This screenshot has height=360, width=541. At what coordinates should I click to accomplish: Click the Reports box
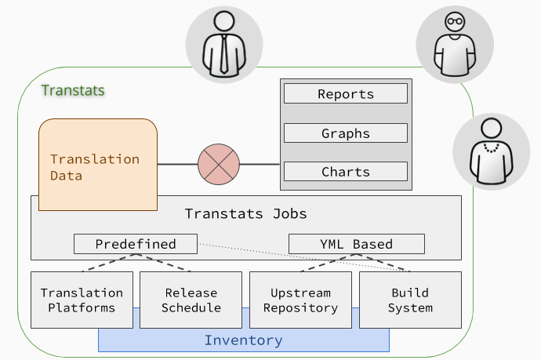[x=346, y=93]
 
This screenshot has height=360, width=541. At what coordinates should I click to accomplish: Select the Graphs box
[x=346, y=133]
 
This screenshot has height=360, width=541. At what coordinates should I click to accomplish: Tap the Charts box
[x=346, y=172]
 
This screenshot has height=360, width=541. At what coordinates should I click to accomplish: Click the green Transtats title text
[x=73, y=90]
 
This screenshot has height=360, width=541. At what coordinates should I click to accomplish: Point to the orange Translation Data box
[x=98, y=165]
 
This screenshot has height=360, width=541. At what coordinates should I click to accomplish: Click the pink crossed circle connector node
[x=219, y=164]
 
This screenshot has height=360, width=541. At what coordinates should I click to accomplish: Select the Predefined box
[x=136, y=244]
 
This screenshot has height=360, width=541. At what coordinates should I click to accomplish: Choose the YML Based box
[x=357, y=244]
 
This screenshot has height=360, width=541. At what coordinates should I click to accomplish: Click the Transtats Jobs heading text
[x=245, y=213]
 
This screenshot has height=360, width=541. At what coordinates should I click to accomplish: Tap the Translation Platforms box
[x=82, y=300]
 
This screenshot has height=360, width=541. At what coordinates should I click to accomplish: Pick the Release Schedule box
[x=191, y=300]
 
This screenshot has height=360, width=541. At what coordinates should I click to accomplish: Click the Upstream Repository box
[x=300, y=300]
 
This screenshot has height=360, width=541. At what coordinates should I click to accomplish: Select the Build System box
[x=410, y=300]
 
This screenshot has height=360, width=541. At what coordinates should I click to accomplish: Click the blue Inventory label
[x=244, y=340]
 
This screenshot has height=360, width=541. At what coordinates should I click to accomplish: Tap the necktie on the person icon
[x=224, y=54]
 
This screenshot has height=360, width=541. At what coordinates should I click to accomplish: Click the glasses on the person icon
[x=455, y=21]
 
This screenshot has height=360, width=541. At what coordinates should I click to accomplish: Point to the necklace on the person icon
[x=492, y=148]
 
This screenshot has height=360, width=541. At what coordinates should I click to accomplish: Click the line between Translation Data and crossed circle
[x=178, y=164]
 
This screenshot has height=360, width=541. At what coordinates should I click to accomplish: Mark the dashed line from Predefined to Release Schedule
[x=163, y=263]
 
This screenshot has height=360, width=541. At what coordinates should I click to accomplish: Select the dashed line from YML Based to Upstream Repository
[x=329, y=263]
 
